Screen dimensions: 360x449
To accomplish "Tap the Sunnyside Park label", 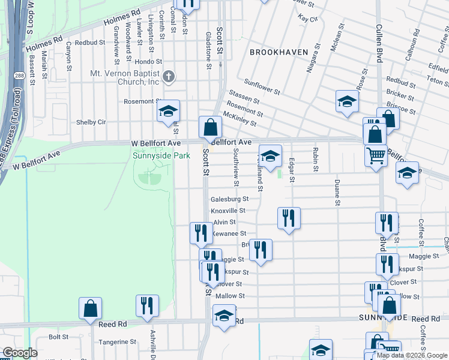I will tap(161, 155).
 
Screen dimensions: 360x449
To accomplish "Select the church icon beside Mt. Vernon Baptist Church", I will tap(169, 76).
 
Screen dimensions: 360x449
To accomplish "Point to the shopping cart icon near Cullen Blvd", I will tap(376, 155).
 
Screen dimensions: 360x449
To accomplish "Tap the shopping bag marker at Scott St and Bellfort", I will tap(210, 128).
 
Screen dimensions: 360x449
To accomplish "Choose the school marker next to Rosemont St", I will tap(169, 112).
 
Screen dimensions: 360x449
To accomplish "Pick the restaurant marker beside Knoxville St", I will tap(289, 218).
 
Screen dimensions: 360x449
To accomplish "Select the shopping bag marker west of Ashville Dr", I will tap(90, 309).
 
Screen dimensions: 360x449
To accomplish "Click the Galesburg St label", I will tap(229, 199).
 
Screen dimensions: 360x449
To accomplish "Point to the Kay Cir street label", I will tap(307, 19).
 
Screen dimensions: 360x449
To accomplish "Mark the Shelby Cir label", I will tap(91, 122).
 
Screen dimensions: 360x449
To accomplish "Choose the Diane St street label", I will tap(338, 193).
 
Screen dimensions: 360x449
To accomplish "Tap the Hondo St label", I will tap(149, 61).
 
